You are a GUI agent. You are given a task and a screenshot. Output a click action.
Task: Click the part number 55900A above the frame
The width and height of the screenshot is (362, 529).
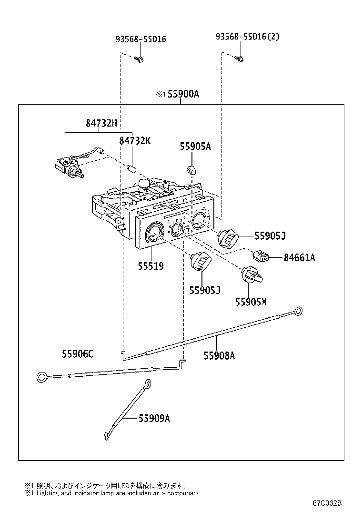(x=182, y=94)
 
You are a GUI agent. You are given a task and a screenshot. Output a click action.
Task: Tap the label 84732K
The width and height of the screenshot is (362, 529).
(x=134, y=141)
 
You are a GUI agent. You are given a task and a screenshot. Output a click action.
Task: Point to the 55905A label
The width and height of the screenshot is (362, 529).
(x=195, y=147)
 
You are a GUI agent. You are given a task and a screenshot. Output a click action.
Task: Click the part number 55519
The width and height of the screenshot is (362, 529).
(x=151, y=266)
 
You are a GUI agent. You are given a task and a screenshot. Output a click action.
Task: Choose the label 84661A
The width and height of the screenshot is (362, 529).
(x=299, y=258)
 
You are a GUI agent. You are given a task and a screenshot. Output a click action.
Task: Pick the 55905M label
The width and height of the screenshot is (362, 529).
(x=251, y=302)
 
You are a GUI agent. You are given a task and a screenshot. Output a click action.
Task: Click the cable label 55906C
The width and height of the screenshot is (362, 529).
(x=77, y=354)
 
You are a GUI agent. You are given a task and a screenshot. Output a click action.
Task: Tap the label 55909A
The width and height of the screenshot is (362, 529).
(x=154, y=419)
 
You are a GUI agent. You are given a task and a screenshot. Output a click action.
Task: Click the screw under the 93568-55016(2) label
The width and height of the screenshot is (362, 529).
(x=240, y=59)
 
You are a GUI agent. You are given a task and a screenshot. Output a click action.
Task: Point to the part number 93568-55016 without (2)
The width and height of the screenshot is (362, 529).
(x=141, y=39)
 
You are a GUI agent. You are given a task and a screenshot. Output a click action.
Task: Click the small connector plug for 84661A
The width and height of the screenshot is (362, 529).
(x=262, y=256)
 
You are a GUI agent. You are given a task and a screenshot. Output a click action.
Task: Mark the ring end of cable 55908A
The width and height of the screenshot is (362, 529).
(x=299, y=312)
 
